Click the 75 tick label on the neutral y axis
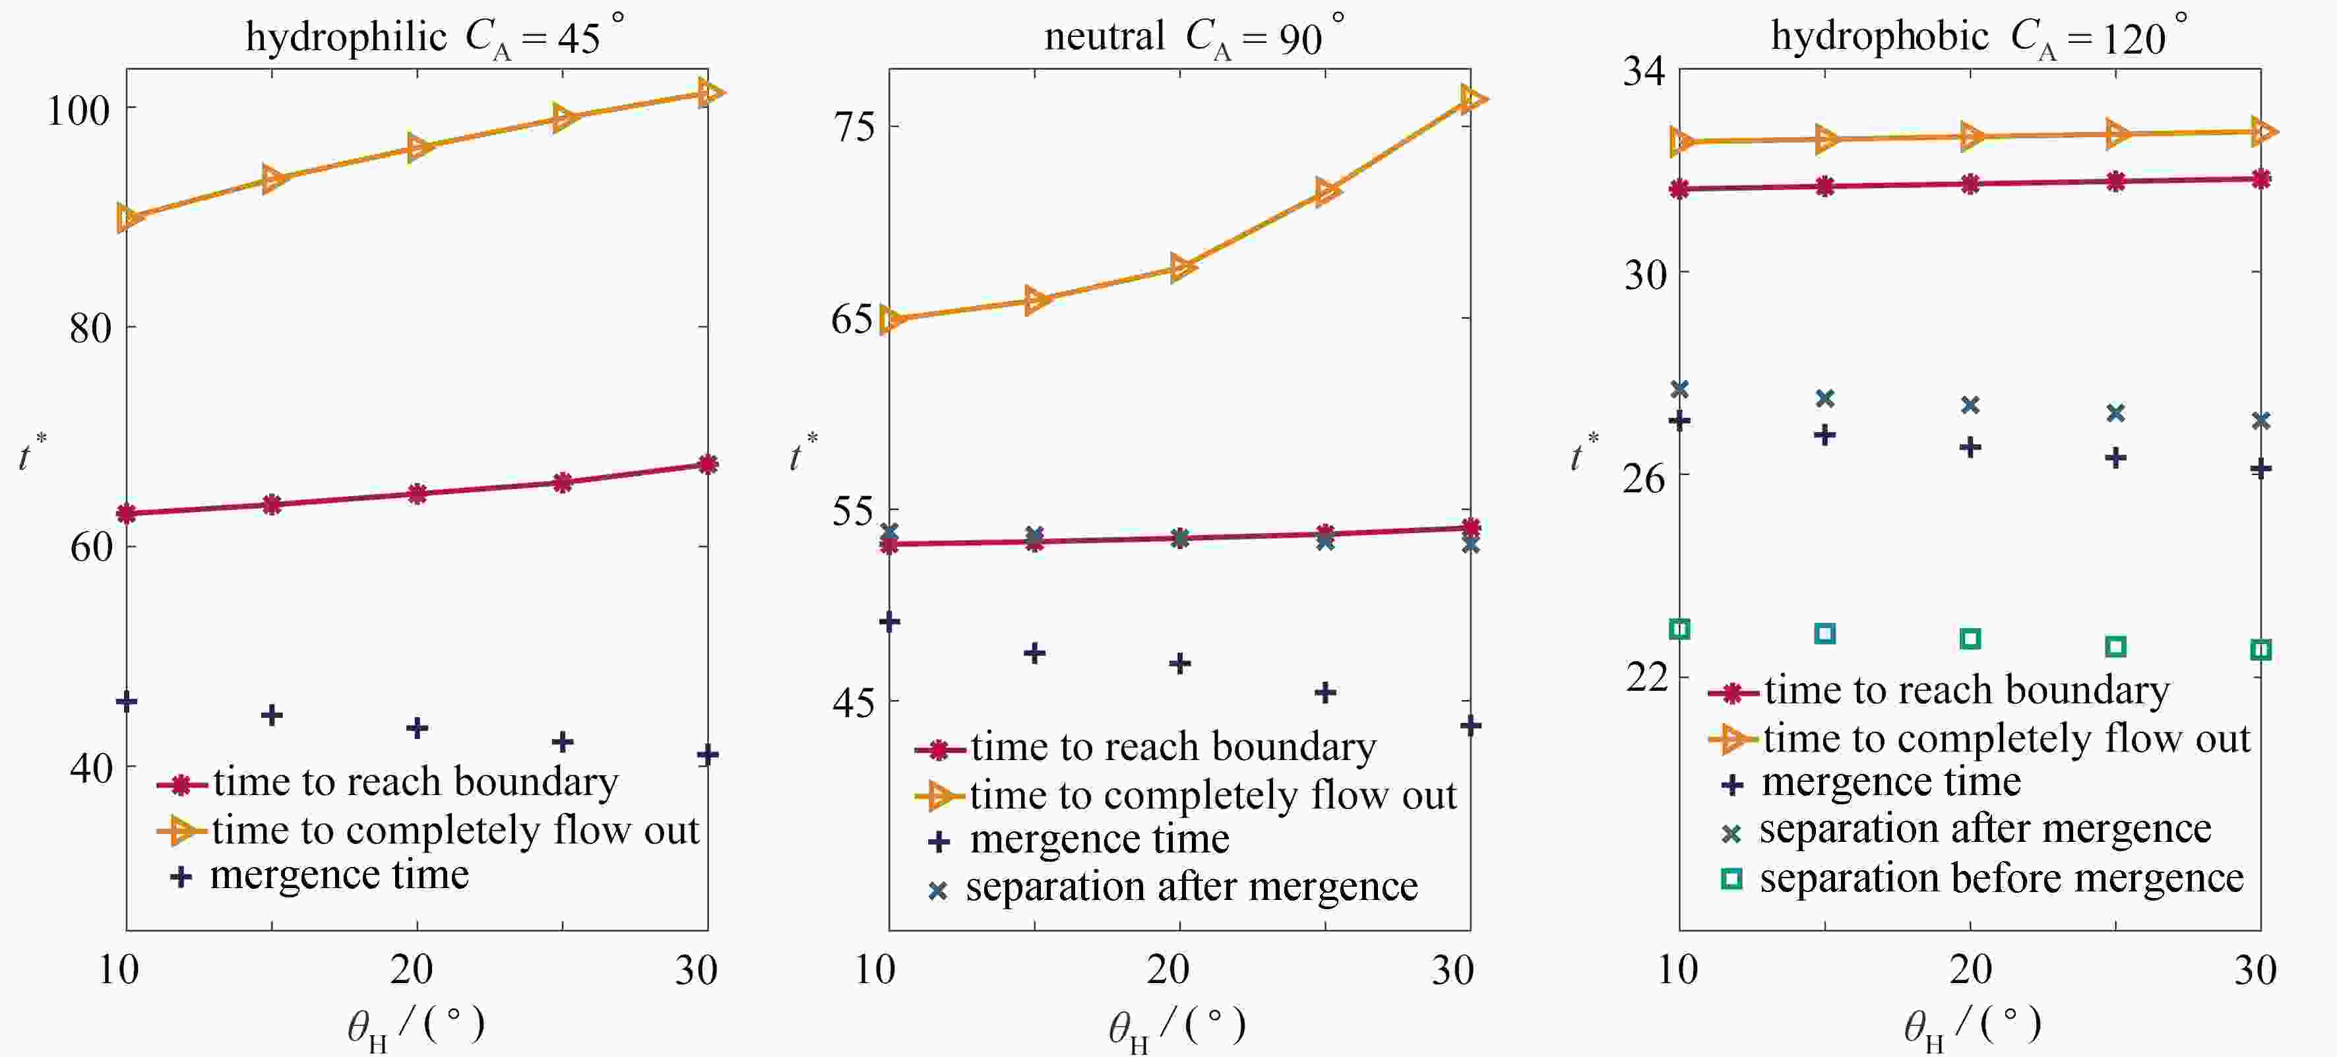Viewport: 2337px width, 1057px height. click(855, 126)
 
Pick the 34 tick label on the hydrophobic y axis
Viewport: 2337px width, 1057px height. click(1644, 71)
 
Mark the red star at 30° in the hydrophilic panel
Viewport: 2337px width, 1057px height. click(708, 464)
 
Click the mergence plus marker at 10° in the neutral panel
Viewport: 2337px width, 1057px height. click(889, 622)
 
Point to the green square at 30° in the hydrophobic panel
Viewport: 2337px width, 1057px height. click(2260, 650)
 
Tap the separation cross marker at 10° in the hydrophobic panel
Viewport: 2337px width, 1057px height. click(1679, 389)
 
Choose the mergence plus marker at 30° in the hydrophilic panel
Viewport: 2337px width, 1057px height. click(708, 755)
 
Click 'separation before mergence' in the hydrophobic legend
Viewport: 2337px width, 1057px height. click(2001, 878)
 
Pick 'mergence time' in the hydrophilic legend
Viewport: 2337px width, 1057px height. click(339, 876)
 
